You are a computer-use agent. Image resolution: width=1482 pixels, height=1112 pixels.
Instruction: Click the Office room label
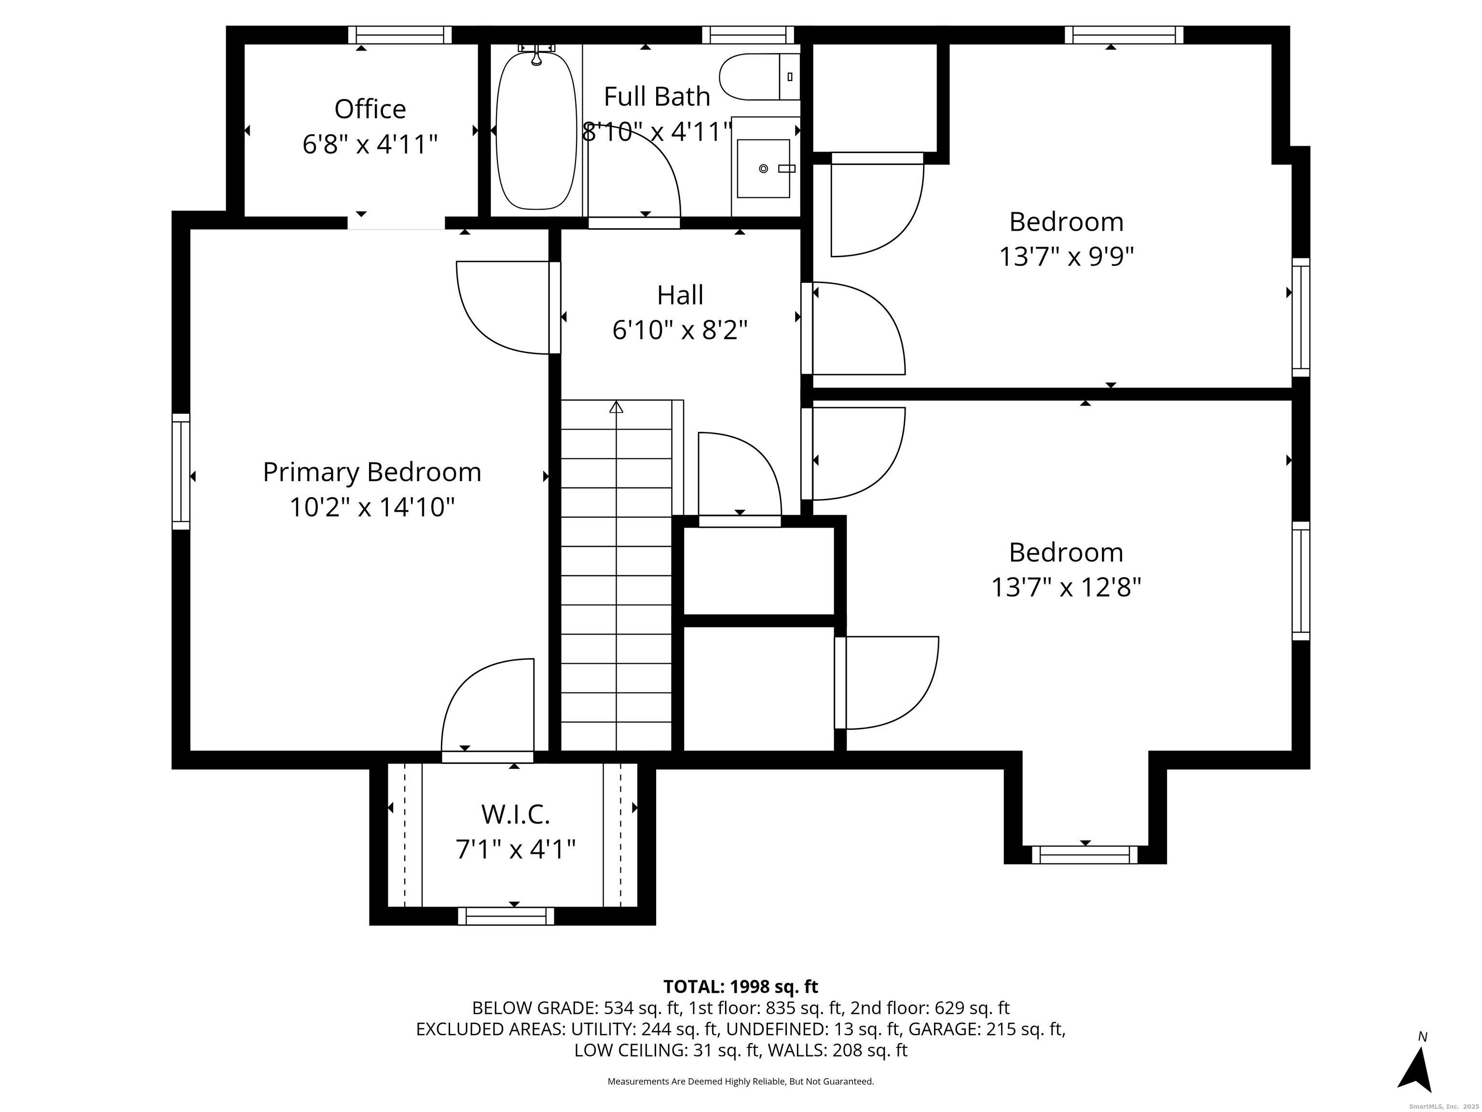370,109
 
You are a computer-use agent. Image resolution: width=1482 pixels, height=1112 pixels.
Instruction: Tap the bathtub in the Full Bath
536,131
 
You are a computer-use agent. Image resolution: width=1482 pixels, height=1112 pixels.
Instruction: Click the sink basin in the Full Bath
763,168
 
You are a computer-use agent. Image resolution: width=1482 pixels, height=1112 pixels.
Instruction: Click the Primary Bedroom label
372,472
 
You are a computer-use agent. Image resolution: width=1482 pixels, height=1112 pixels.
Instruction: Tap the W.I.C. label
515,814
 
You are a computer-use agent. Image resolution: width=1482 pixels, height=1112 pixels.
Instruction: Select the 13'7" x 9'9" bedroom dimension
1066,257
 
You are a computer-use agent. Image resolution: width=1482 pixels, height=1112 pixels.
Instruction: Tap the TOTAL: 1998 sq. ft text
741,987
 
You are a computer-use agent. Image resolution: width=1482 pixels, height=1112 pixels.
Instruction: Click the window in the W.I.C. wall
506,916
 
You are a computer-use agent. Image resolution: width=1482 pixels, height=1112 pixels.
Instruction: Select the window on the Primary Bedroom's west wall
181,471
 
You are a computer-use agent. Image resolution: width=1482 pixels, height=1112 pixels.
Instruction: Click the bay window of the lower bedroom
1084,855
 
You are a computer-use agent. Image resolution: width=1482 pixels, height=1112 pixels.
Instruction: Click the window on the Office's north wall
400,35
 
